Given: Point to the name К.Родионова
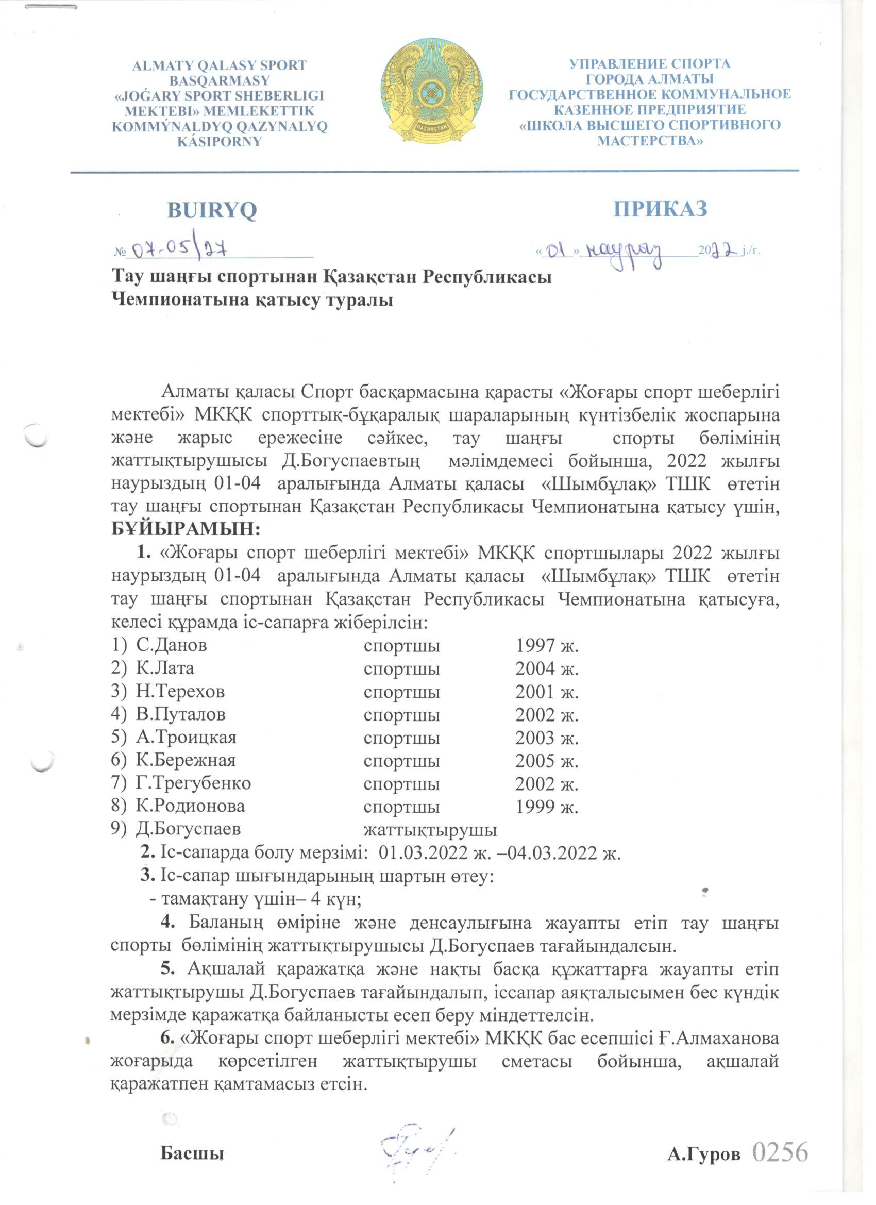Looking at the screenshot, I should [x=190, y=807].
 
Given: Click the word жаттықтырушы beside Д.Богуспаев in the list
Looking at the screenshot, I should [x=430, y=829].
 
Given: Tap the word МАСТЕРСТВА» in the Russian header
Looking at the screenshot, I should [x=650, y=141].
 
